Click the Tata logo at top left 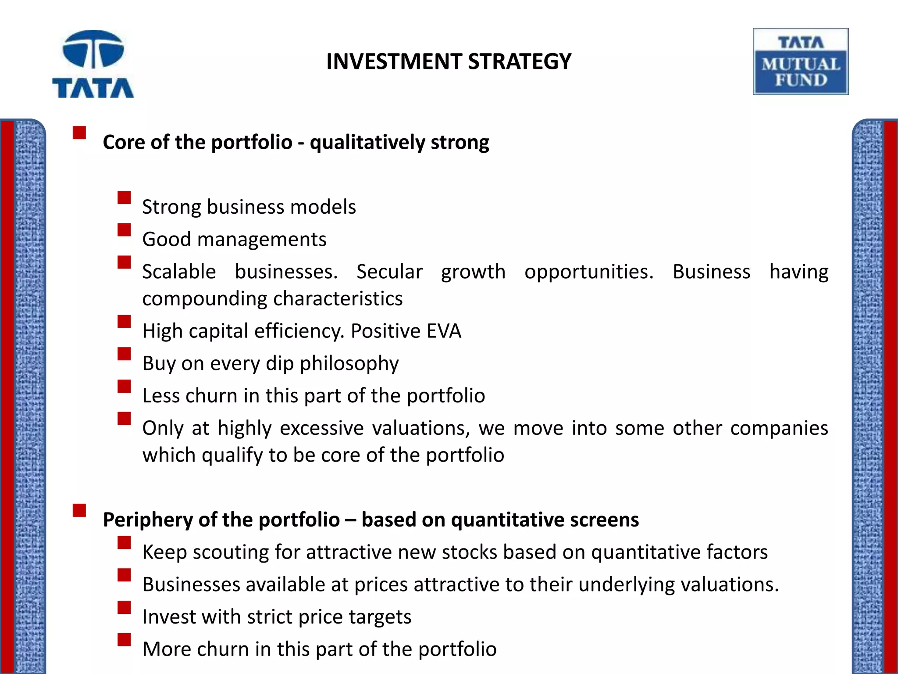[93, 64]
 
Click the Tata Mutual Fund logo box [801, 62]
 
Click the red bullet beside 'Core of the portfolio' [79, 133]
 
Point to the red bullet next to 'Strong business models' [124, 197]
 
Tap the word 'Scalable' [179, 272]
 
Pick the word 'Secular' [389, 272]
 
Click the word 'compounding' [205, 299]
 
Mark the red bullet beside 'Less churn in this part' [124, 386]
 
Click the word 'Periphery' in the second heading [147, 520]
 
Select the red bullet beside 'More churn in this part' [124, 640]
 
